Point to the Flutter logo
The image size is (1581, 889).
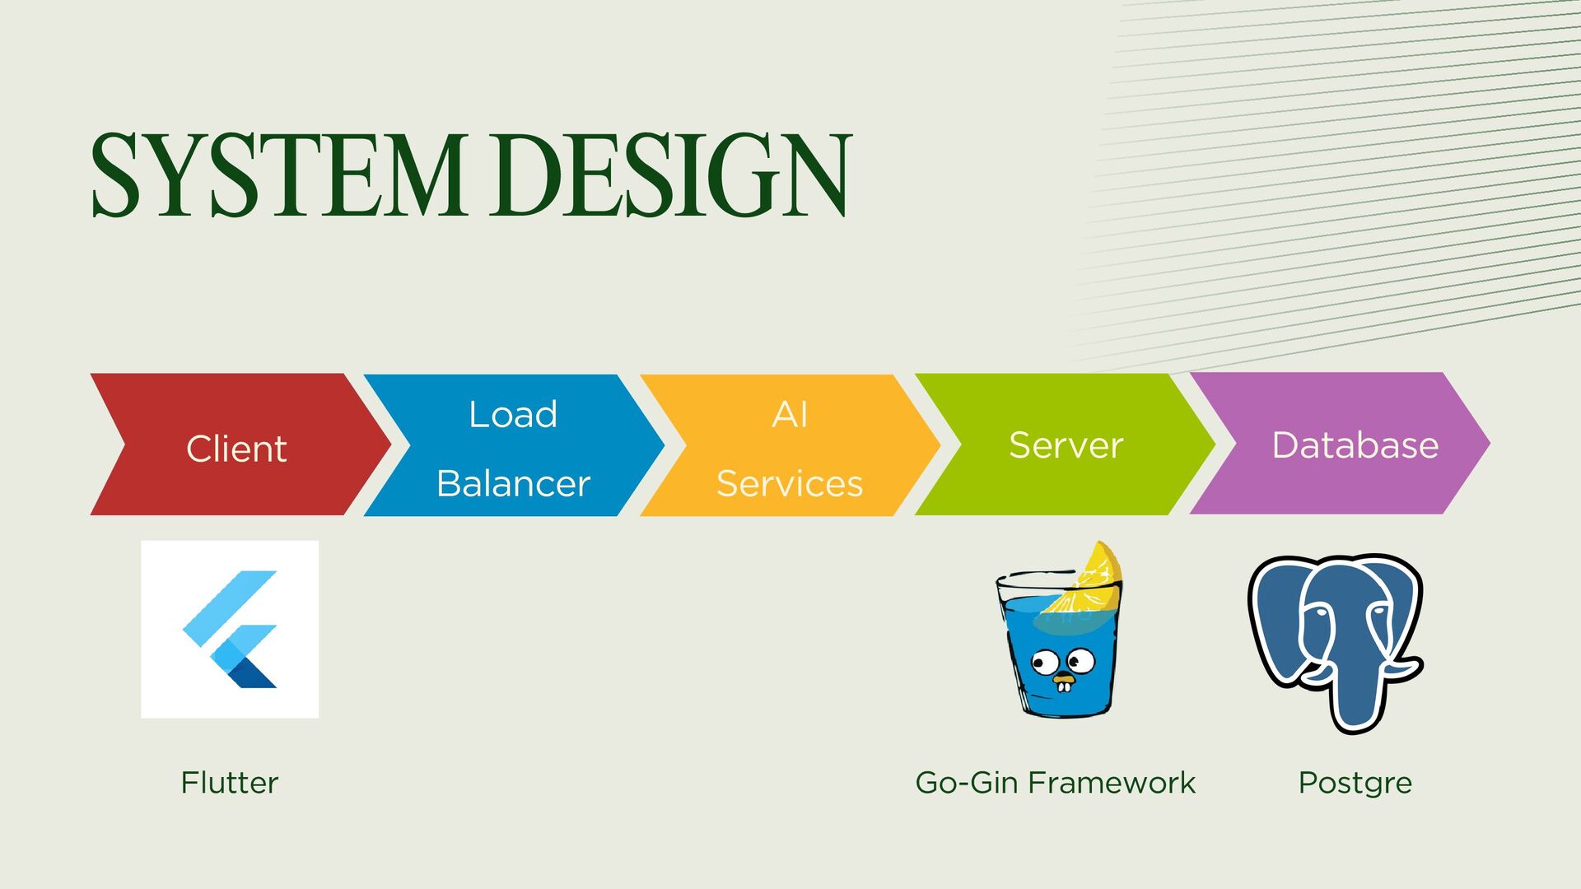(230, 629)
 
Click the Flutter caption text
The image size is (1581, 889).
(230, 782)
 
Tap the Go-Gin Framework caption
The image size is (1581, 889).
(1055, 782)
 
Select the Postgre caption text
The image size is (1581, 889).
(1355, 782)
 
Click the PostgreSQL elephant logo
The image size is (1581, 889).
(1336, 642)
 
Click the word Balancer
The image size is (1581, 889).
(513, 483)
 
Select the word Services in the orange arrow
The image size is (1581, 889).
(789, 483)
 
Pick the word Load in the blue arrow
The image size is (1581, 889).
(513, 414)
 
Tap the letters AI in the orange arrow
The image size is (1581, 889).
(789, 414)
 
